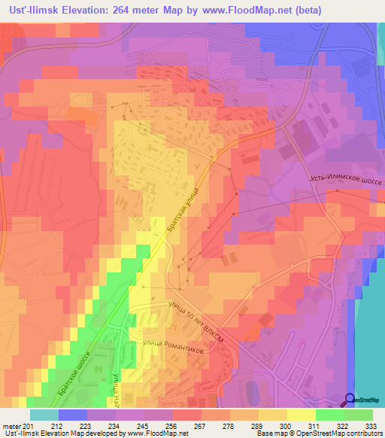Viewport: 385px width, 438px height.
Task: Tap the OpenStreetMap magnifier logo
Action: [350, 400]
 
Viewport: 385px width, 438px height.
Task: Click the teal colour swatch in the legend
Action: [44, 415]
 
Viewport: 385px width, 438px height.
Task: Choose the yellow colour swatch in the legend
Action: [302, 415]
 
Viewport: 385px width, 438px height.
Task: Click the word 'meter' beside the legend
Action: [12, 426]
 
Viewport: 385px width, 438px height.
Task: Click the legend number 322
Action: [344, 426]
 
